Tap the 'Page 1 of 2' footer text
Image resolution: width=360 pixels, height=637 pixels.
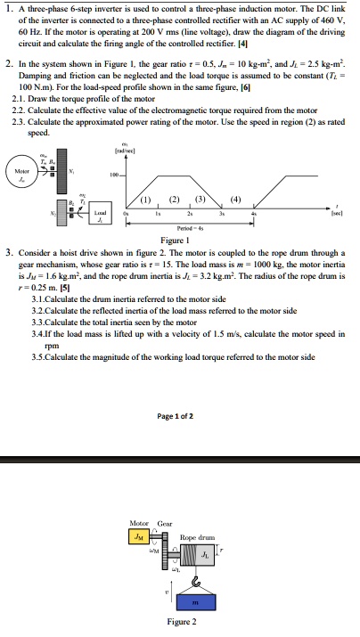pyautogui.click(x=180, y=416)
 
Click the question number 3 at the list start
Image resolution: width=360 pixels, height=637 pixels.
pyautogui.click(x=8, y=252)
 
